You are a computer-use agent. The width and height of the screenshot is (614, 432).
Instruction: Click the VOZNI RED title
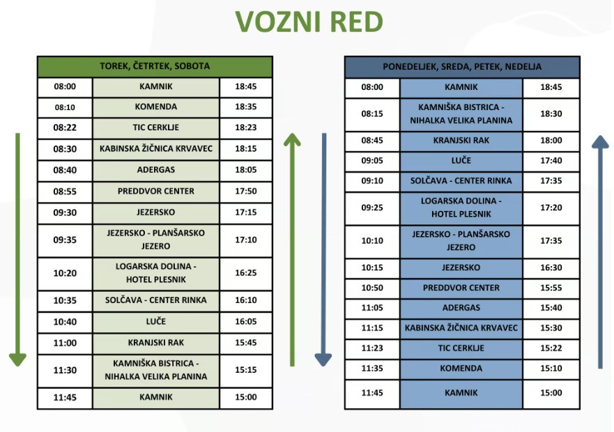(x=309, y=22)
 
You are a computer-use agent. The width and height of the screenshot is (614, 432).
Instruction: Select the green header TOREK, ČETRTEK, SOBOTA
(x=155, y=66)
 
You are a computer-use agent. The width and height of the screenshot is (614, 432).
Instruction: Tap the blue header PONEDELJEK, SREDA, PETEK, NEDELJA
(x=462, y=67)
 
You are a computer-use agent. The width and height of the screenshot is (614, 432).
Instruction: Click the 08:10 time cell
(x=65, y=107)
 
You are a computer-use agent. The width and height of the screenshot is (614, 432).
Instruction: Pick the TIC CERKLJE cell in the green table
(x=156, y=128)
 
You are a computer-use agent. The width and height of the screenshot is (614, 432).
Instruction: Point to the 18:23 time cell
(x=246, y=128)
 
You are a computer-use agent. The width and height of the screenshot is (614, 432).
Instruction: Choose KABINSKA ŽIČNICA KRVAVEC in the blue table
(x=461, y=327)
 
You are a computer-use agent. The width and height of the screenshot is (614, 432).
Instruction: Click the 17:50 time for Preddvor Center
(x=246, y=191)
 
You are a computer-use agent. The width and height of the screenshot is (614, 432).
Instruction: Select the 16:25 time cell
(x=246, y=272)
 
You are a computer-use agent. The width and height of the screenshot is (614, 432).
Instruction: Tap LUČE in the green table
(x=156, y=321)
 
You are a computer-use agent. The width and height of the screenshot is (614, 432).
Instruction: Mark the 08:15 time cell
(x=372, y=114)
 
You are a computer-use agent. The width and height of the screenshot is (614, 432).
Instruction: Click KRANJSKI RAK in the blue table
(x=461, y=141)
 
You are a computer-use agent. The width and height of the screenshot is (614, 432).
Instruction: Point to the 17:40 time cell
(x=551, y=160)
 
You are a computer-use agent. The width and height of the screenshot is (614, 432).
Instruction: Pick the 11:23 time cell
(x=372, y=348)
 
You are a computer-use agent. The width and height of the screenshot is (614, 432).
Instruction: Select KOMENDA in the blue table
(x=461, y=369)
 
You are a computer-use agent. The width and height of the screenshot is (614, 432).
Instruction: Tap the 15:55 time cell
(x=551, y=288)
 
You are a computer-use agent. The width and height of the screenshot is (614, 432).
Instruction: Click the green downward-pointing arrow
(x=17, y=250)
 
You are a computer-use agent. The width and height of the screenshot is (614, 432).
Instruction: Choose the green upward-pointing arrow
(x=292, y=250)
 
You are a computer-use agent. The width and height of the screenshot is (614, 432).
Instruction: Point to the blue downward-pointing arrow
(x=324, y=250)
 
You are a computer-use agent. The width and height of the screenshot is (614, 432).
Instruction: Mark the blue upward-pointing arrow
(x=600, y=252)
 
